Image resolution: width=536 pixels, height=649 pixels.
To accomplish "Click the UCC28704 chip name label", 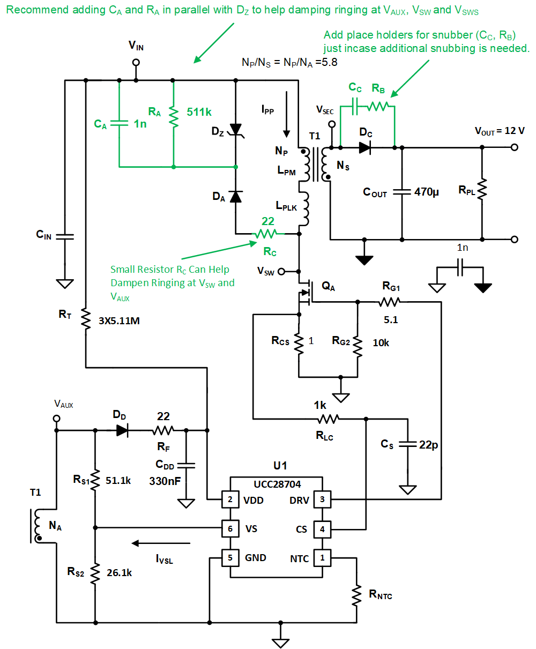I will click(x=276, y=483).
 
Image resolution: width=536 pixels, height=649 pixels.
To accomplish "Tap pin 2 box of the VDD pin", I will click(x=230, y=500).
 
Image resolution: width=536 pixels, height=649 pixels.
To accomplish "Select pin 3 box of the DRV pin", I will click(x=322, y=500).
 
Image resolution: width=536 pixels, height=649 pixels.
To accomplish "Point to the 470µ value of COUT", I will click(x=427, y=192).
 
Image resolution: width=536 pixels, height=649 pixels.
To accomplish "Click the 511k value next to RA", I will click(x=199, y=113).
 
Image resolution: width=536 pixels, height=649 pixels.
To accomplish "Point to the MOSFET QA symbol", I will click(x=304, y=291).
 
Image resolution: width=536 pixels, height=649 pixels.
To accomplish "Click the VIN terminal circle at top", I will click(x=136, y=63).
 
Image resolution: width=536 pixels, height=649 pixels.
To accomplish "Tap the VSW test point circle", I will click(x=280, y=271).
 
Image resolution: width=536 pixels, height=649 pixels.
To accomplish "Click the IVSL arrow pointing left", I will click(x=161, y=543).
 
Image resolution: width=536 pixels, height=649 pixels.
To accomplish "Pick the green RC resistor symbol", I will click(x=265, y=234).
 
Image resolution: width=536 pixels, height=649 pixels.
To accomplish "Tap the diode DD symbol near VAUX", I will click(x=122, y=430).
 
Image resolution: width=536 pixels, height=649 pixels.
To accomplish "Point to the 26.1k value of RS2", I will click(x=118, y=572).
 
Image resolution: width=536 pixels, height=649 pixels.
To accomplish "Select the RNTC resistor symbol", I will click(x=356, y=594).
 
